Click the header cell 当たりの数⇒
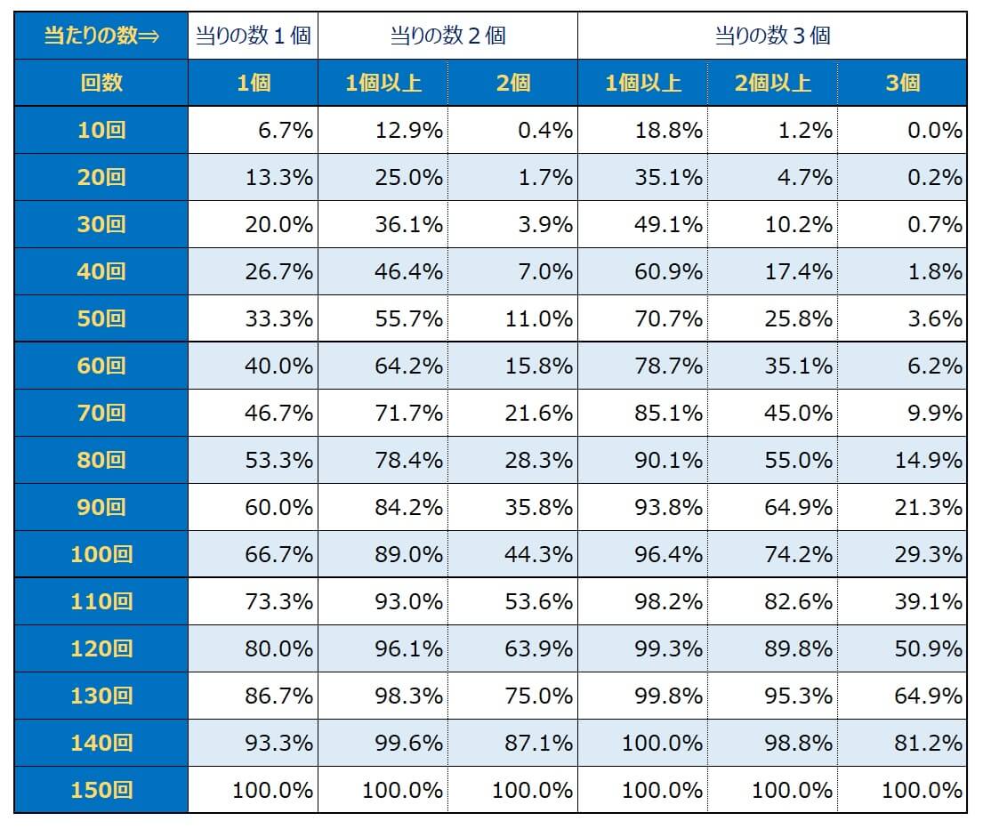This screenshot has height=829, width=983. [x=101, y=36]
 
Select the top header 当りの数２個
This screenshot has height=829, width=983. [x=447, y=36]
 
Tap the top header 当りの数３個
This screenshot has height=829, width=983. [x=772, y=36]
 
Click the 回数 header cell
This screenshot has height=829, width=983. [x=101, y=84]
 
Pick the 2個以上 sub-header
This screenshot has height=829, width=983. [x=772, y=84]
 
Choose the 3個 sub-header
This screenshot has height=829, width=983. [x=902, y=84]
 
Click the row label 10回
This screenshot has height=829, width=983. [x=101, y=131]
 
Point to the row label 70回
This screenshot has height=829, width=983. [x=101, y=414]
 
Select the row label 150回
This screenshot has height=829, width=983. [x=101, y=790]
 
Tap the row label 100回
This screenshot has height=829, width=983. [x=101, y=555]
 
